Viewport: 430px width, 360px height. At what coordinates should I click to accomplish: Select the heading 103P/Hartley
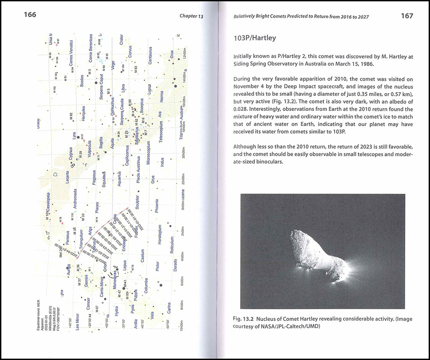(x=254, y=38)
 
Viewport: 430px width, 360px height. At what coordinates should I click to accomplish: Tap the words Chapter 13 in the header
(x=191, y=16)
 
